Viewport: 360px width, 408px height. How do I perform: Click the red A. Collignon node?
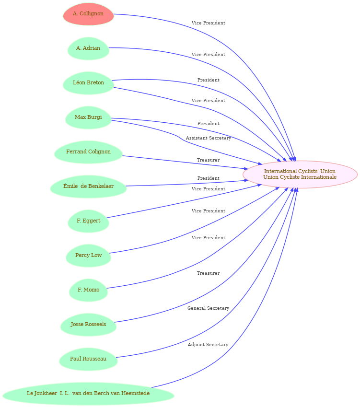click(88, 14)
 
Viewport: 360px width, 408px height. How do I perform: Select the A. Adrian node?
click(88, 48)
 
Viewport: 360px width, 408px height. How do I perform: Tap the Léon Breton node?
click(88, 83)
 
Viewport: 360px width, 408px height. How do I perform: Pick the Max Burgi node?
click(88, 117)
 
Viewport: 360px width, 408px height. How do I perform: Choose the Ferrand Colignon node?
click(88, 152)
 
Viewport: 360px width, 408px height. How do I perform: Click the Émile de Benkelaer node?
click(88, 187)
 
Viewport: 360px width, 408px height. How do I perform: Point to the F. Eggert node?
click(88, 221)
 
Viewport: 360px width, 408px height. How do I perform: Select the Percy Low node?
click(88, 256)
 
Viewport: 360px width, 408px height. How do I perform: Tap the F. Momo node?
click(88, 290)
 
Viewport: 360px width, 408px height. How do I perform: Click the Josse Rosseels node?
click(88, 325)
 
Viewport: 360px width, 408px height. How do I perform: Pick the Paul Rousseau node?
click(88, 360)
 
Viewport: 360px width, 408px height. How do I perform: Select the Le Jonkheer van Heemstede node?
click(88, 394)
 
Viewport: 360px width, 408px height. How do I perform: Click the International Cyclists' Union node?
click(300, 175)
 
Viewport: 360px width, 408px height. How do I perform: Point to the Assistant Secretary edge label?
click(209, 138)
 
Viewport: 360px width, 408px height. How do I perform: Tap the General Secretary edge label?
click(209, 308)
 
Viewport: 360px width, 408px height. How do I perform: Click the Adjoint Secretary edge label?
click(208, 345)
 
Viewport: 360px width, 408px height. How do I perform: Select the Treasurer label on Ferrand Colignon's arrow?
click(209, 160)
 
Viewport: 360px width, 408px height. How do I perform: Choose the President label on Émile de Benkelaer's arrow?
click(209, 178)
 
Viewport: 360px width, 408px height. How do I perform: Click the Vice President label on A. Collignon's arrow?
click(209, 23)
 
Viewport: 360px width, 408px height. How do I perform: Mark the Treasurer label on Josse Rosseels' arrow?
click(209, 273)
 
